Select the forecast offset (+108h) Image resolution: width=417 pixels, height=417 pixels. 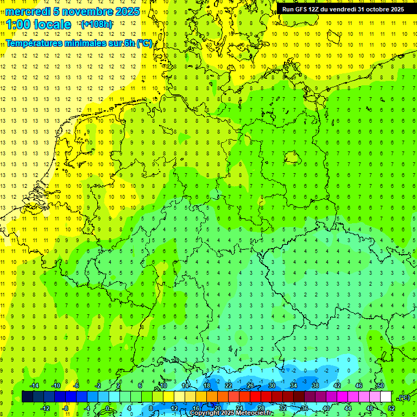[96, 24]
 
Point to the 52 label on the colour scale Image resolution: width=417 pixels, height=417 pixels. [391, 408]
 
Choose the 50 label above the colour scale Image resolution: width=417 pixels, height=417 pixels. [380, 386]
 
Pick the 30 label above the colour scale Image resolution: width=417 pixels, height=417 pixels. [271, 386]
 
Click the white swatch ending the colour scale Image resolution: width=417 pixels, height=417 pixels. [386, 396]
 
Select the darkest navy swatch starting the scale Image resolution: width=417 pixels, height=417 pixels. [27, 396]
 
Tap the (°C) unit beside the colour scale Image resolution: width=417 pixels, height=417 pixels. [404, 397]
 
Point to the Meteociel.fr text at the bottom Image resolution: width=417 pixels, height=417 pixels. [254, 413]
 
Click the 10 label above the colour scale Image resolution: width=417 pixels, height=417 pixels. [163, 386]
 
